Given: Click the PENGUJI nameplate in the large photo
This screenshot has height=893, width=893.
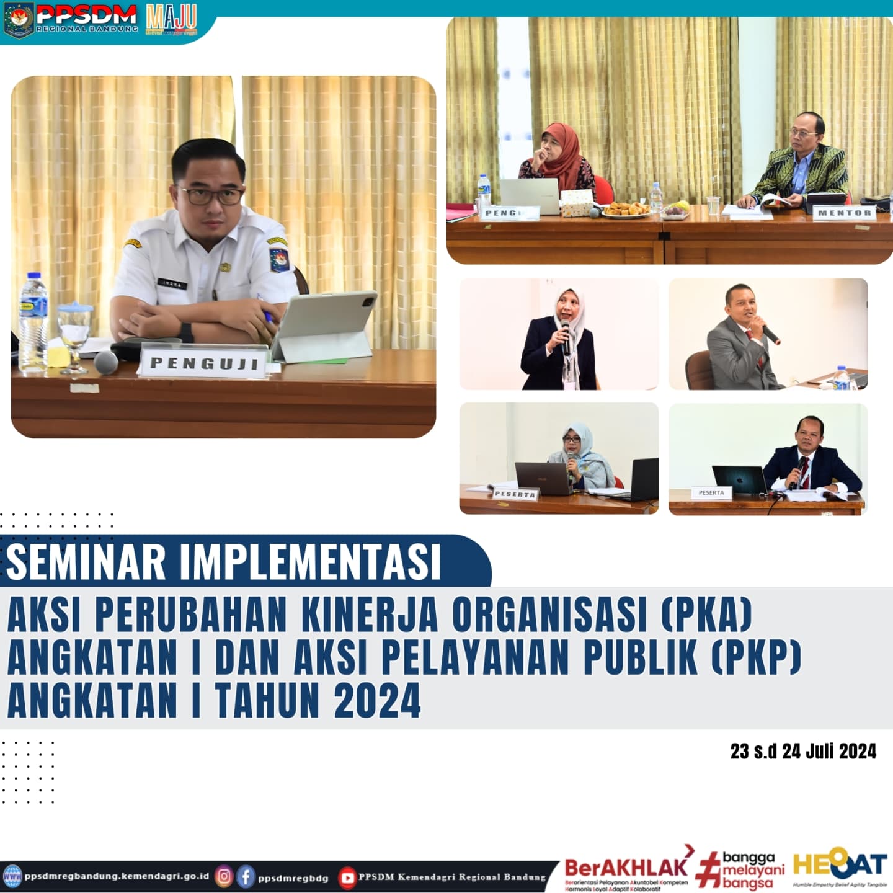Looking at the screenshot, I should tap(203, 362).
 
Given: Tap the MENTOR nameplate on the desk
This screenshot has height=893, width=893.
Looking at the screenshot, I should tap(844, 212).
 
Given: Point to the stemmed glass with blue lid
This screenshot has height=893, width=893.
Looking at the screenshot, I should tap(74, 335).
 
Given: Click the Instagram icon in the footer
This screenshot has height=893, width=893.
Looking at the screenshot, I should tap(224, 876).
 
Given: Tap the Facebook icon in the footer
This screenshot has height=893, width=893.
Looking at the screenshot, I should tap(246, 876).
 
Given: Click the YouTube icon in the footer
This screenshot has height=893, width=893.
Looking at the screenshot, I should tap(347, 877).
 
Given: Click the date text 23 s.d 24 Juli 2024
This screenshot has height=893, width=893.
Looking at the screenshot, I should tap(803, 752).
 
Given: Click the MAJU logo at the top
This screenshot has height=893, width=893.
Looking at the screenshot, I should tap(171, 19).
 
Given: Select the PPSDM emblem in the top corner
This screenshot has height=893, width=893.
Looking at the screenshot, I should tap(19, 20).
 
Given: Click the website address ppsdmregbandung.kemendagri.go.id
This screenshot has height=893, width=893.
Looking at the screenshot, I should tap(117, 876).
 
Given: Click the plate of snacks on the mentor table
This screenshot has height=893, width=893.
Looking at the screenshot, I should tap(624, 210).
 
